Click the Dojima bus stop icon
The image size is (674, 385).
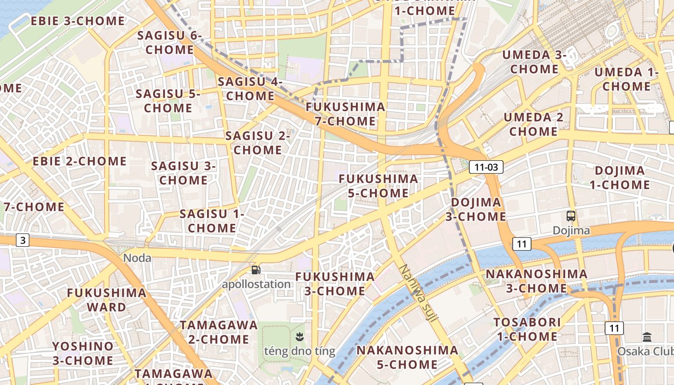(x=571, y=216)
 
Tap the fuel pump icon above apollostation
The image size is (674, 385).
(x=256, y=270)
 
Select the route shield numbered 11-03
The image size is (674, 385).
(x=486, y=167)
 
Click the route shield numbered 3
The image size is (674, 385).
(x=23, y=240)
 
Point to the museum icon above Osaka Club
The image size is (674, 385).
(x=647, y=337)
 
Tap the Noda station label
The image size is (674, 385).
(x=137, y=258)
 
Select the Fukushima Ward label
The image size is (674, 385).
(x=106, y=300)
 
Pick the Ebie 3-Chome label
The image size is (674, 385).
(x=78, y=21)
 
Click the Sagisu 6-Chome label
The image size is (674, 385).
(x=169, y=42)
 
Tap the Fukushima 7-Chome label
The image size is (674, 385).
(x=346, y=114)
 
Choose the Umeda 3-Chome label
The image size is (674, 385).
(x=534, y=62)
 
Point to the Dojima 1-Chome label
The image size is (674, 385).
(x=620, y=178)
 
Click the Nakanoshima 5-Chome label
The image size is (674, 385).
(x=407, y=357)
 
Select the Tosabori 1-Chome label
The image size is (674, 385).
(x=527, y=329)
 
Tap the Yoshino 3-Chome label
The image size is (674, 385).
(x=83, y=353)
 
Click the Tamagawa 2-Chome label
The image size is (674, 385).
(x=219, y=332)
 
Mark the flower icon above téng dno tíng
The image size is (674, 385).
(x=299, y=336)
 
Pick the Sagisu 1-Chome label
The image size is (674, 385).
(x=212, y=220)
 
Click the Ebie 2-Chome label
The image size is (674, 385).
(x=79, y=161)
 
